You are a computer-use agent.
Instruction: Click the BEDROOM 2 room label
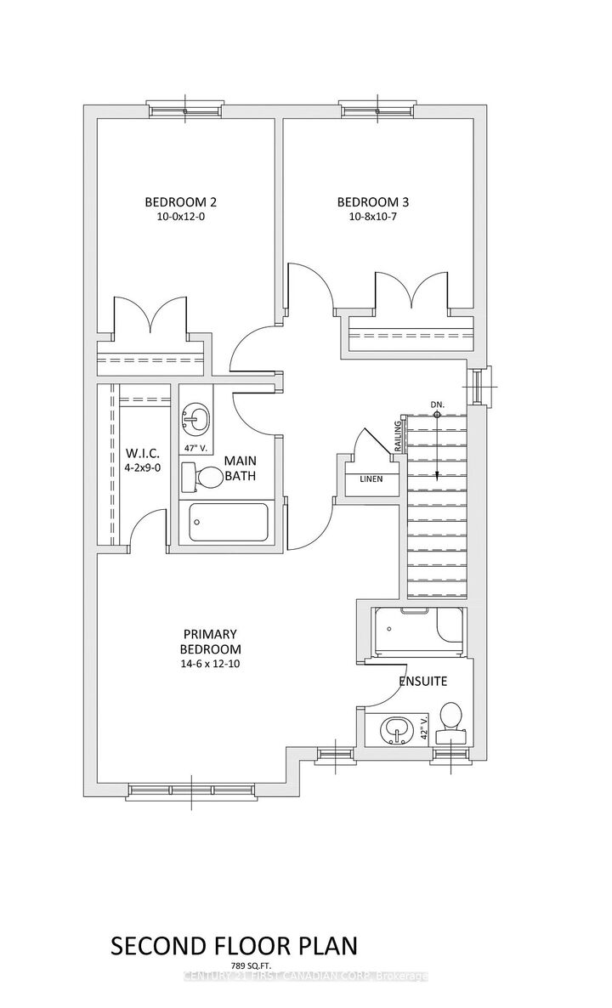coord(180,202)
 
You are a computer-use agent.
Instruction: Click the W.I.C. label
coord(139,451)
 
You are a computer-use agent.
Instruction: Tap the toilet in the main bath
coord(201,478)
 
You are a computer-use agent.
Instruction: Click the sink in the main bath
coord(195,419)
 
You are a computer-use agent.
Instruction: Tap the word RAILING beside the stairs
coord(397,434)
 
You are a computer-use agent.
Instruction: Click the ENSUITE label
coord(424,681)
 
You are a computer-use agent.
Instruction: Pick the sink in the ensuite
coord(395,728)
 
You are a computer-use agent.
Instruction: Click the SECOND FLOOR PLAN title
coord(234,946)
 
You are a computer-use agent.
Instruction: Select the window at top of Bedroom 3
coord(377,108)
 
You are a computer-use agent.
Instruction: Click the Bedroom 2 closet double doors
coord(151,317)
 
